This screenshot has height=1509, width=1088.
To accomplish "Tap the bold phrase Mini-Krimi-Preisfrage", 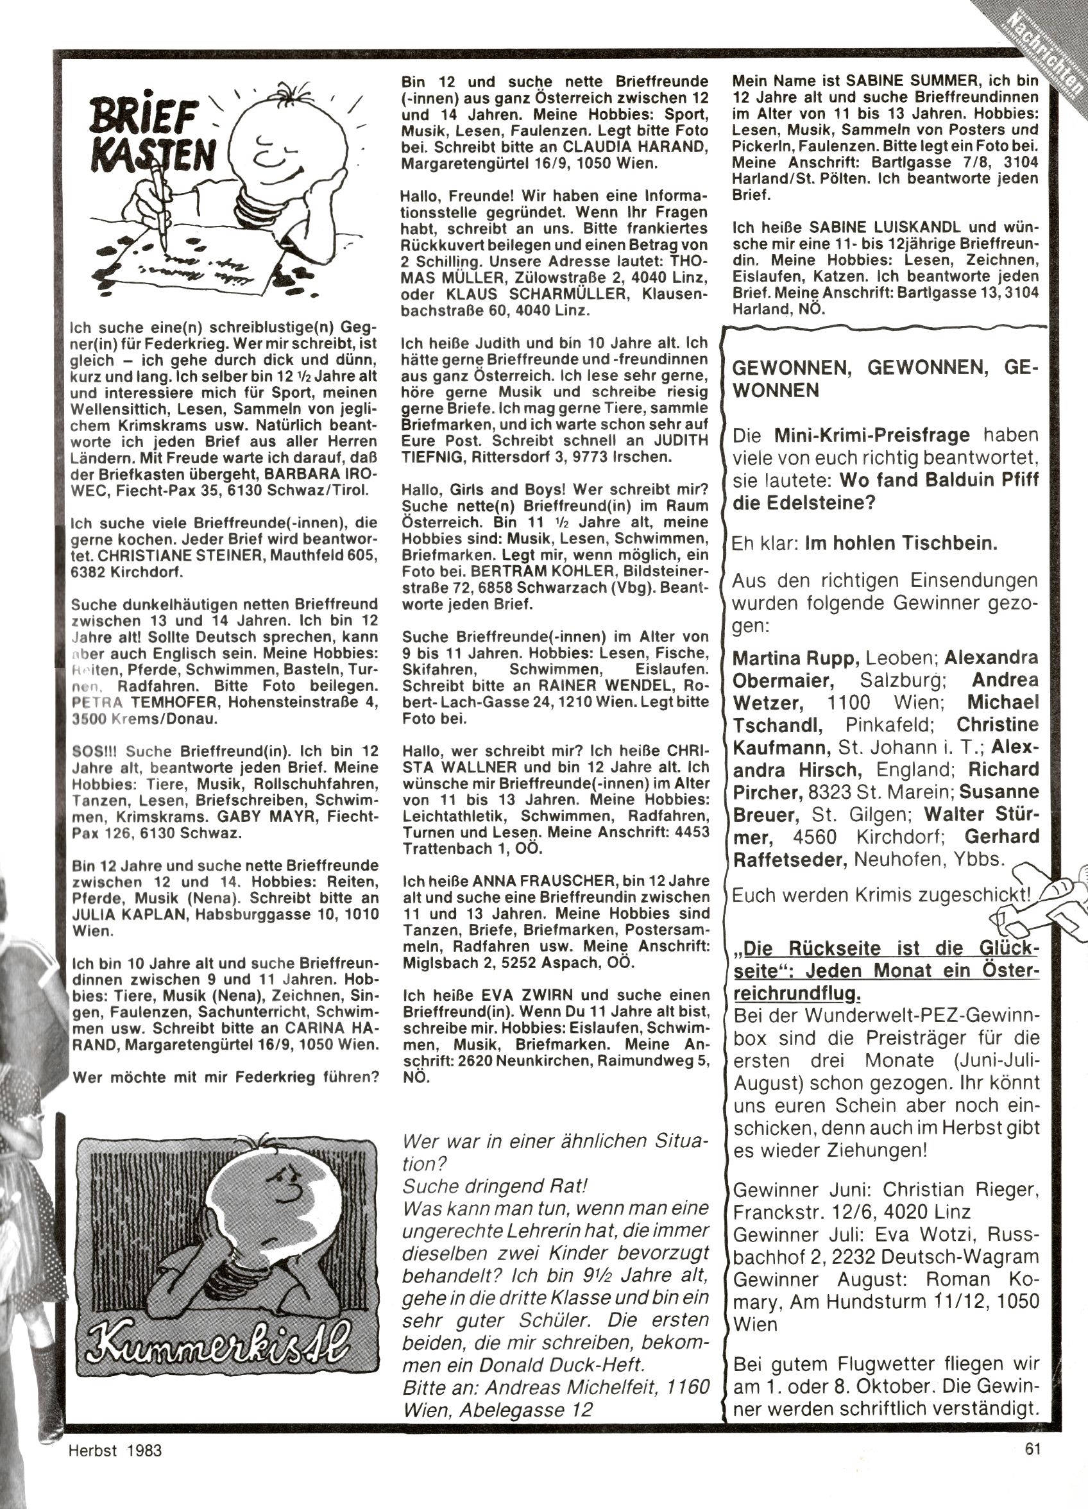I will [872, 436].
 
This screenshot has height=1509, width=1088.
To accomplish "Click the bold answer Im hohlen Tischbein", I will [901, 543].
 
